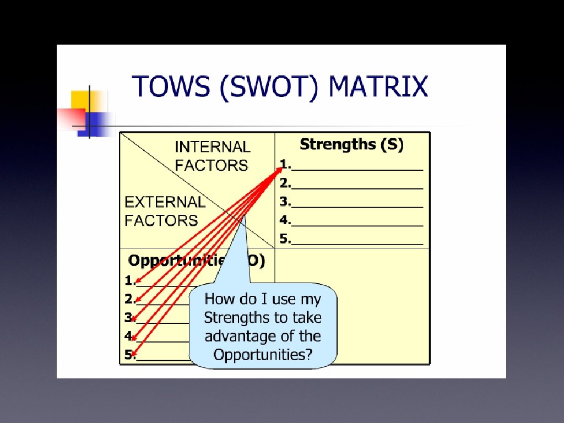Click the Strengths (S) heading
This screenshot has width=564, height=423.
coord(351,145)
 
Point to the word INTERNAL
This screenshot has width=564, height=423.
coord(212,147)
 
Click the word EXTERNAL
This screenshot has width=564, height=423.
coord(165,202)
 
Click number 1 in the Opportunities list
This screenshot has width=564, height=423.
coord(129,281)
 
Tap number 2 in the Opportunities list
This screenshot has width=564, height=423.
coord(129,300)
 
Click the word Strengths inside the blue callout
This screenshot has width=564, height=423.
coord(231,318)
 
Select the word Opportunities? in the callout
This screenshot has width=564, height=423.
coord(263,355)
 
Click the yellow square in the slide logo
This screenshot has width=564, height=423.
coord(80,100)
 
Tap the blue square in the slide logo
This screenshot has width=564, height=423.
coord(98,121)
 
